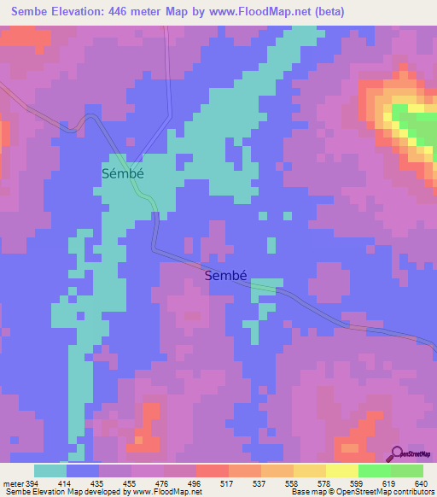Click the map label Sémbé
pos(122,172)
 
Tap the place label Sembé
pos(231,276)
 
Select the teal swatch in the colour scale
pos(50,471)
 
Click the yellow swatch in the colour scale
pos(341,471)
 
